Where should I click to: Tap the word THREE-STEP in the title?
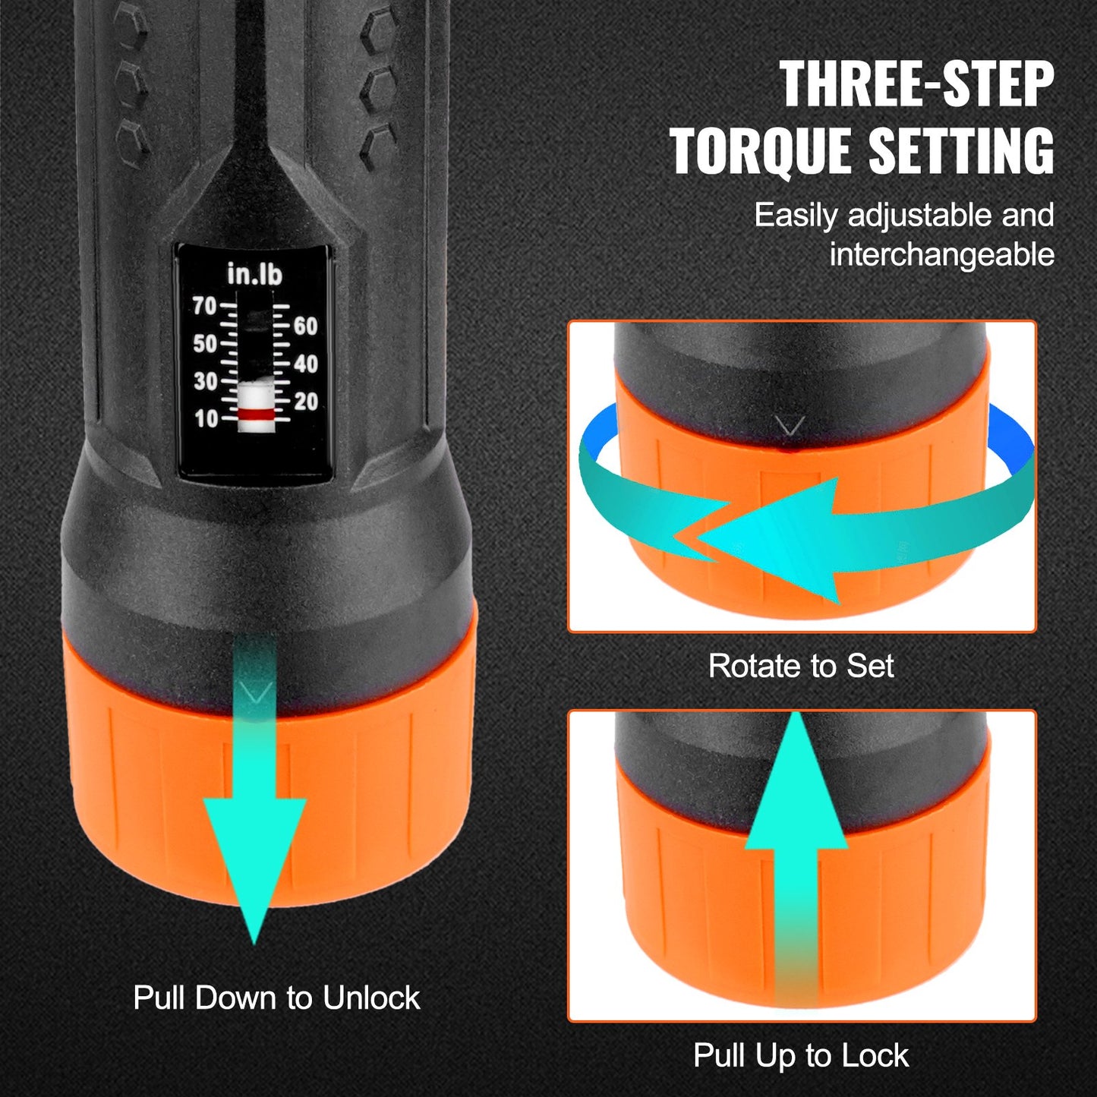point(916,84)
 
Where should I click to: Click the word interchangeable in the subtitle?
point(941,254)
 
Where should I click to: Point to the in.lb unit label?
point(254,274)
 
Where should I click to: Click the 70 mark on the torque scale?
point(205,306)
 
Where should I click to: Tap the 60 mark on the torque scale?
point(305,326)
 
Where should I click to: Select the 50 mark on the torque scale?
point(205,344)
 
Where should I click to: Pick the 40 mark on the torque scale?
point(305,364)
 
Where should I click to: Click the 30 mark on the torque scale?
point(205,381)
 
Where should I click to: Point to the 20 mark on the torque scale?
point(305,402)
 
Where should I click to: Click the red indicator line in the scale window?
point(256,414)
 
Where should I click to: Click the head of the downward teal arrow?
point(254,858)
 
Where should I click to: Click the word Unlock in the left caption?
point(370,998)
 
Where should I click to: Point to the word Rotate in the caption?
point(755,667)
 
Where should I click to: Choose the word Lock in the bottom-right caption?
point(879,1056)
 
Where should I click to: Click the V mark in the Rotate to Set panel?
point(790,427)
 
